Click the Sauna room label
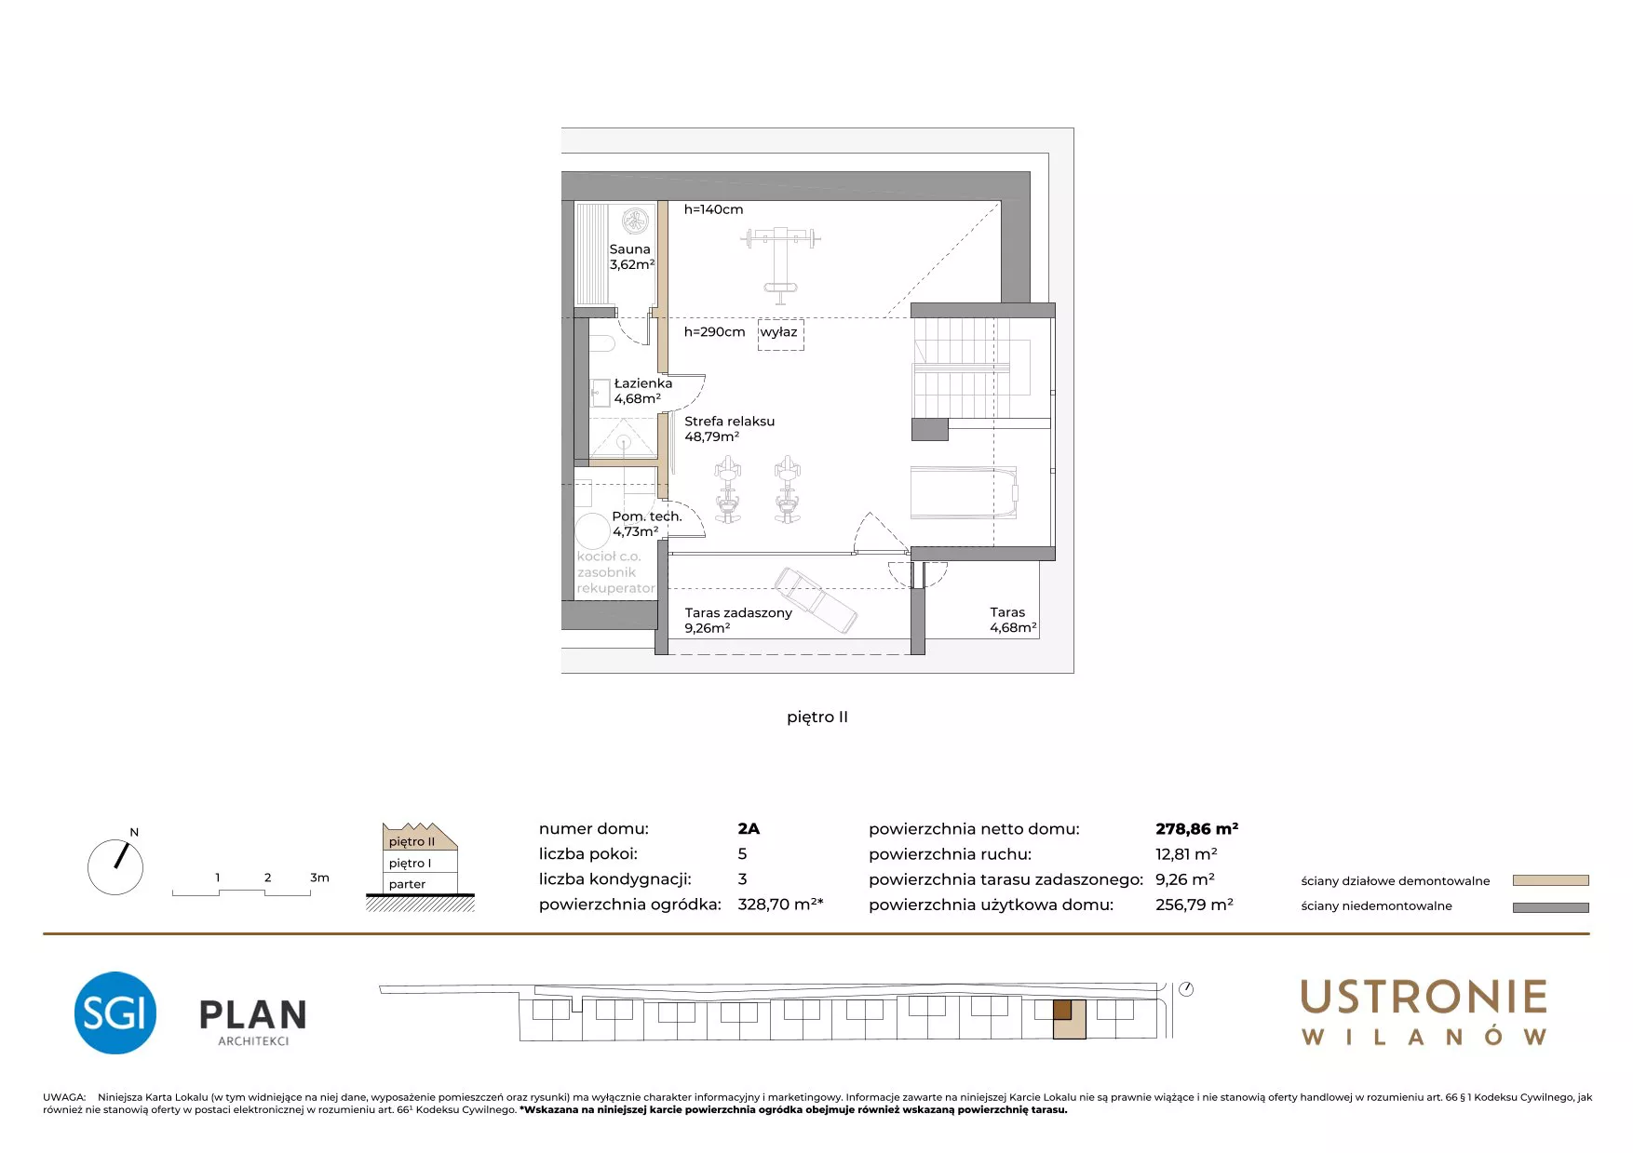point(632,257)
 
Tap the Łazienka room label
point(642,391)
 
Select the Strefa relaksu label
point(729,429)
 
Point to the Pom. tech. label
point(647,524)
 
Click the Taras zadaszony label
point(738,620)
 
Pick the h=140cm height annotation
point(713,209)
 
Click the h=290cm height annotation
point(714,332)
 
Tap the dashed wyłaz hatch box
point(780,334)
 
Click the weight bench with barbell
point(780,264)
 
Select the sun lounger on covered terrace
point(816,600)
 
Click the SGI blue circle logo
point(115,1012)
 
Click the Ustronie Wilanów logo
point(1424,1012)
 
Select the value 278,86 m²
point(1196,828)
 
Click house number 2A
point(749,828)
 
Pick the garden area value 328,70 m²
point(780,904)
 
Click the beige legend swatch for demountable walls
point(1550,880)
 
